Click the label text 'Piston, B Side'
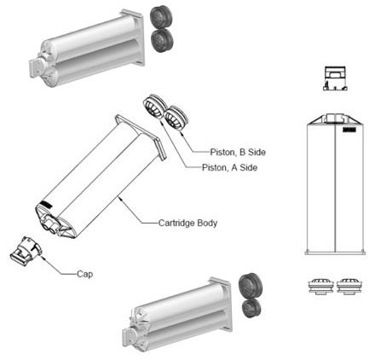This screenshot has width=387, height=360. [238, 152]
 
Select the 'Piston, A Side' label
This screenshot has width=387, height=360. [229, 167]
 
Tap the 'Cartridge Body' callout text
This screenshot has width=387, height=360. [188, 224]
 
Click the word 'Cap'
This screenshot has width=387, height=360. [84, 275]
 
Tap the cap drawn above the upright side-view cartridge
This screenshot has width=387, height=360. [335, 78]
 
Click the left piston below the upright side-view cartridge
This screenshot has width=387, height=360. [321, 286]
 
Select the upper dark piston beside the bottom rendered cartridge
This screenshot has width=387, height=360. [250, 285]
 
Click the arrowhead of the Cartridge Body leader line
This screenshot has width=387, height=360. [119, 194]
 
